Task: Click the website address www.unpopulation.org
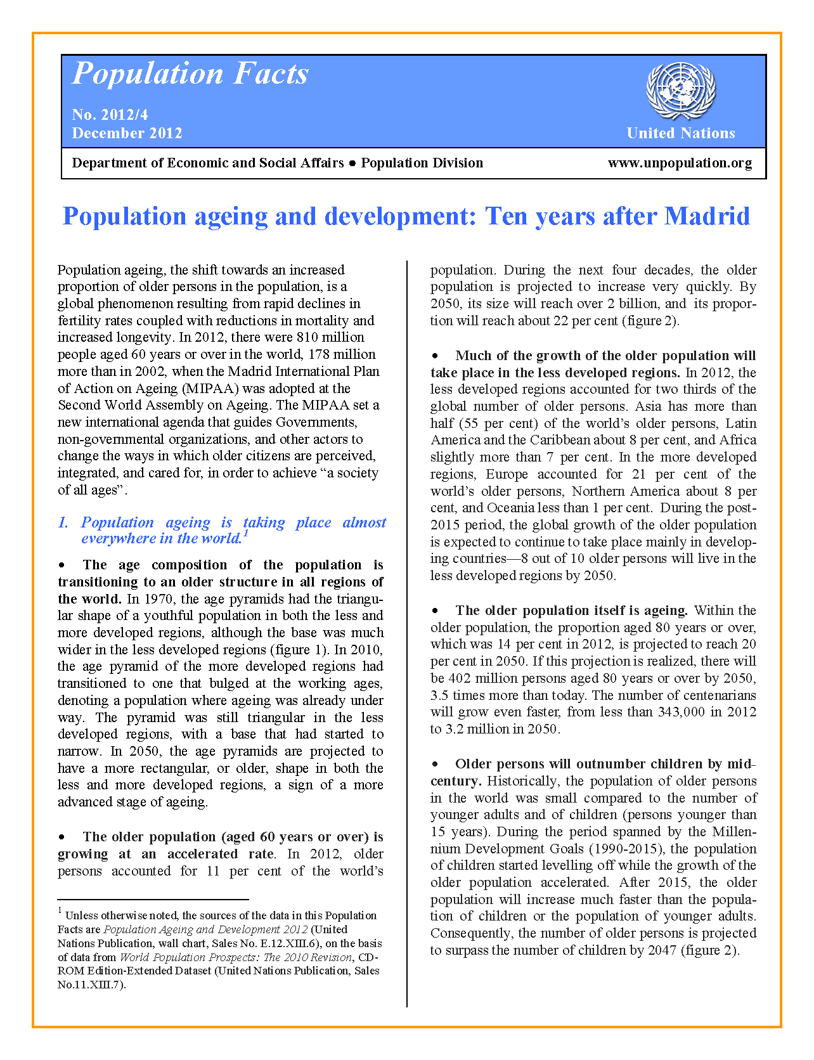coord(680,163)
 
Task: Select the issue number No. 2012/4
coord(110,115)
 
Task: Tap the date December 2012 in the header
coord(127,133)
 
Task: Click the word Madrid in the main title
coord(707,217)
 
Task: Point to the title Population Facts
coord(190,74)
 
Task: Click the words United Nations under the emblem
coord(680,133)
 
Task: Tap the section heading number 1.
coord(63,523)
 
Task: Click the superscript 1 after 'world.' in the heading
coord(245,534)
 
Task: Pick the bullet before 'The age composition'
coord(62,565)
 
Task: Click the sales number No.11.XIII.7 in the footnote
coord(91,985)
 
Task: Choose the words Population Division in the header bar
coord(422,163)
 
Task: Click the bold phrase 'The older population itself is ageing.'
coord(571,611)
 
